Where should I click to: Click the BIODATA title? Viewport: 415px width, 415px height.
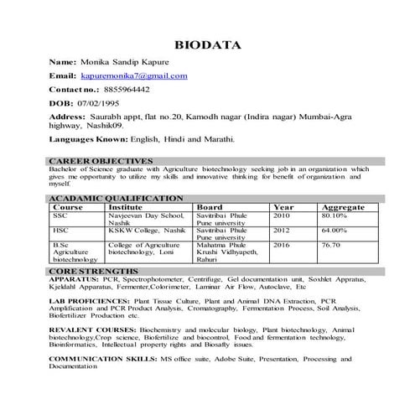pyautogui.click(x=207, y=44)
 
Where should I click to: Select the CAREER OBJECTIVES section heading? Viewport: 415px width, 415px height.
pyautogui.click(x=101, y=160)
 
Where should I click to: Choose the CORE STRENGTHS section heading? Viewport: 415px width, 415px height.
pyautogui.click(x=94, y=272)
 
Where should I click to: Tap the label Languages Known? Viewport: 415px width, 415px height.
pyautogui.click(x=86, y=139)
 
